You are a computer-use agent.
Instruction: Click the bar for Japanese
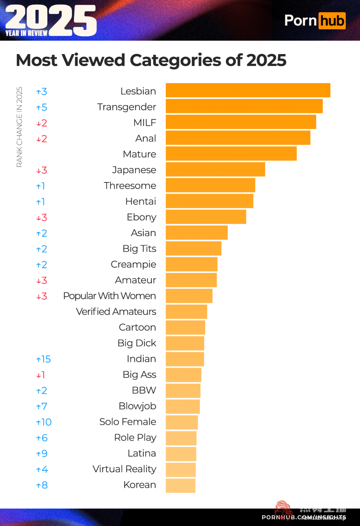[215, 169]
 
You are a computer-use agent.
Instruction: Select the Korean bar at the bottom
[180, 485]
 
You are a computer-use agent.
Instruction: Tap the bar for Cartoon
[185, 327]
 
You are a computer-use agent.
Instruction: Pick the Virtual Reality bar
[181, 470]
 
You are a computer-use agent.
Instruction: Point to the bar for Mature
[231, 154]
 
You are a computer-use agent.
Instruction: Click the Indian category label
[141, 359]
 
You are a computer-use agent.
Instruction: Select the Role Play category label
[135, 438]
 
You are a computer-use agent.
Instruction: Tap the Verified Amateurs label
[116, 312]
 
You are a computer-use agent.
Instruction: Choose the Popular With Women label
[109, 296]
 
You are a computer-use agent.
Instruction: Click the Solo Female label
[128, 422]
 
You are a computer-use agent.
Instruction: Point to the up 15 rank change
[43, 359]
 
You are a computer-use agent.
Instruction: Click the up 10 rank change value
[44, 422]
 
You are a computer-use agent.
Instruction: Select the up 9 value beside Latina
[42, 454]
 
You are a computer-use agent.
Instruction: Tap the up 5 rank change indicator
[42, 107]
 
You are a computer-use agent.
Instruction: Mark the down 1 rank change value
[41, 375]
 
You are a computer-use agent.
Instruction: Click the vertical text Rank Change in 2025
[19, 127]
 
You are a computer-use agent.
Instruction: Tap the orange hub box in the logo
[332, 21]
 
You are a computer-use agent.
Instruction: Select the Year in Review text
[26, 33]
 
